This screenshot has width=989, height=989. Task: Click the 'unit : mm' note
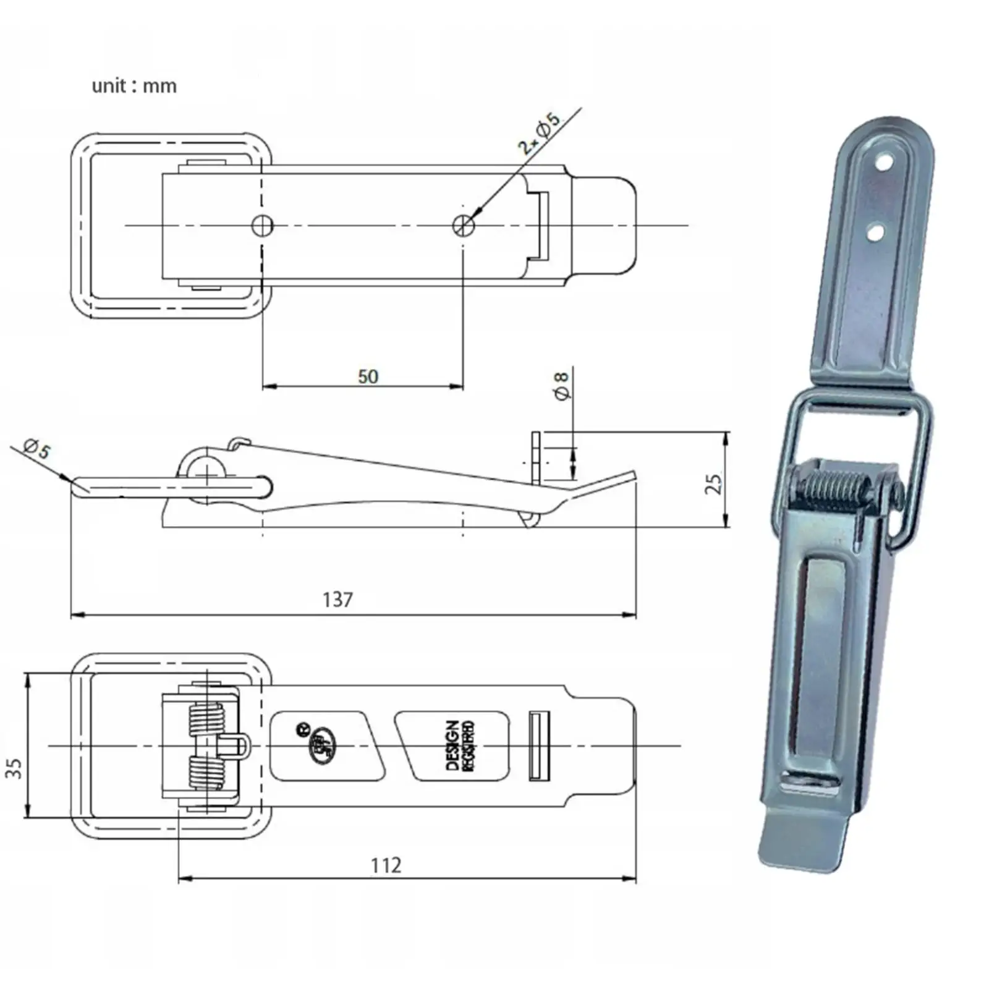(134, 85)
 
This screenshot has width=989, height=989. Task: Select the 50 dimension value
(368, 376)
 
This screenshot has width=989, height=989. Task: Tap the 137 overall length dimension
(337, 599)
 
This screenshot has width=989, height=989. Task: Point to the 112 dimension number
(386, 865)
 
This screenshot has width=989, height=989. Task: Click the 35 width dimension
(14, 768)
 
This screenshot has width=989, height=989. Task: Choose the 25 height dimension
(714, 483)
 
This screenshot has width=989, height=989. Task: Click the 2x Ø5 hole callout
(539, 133)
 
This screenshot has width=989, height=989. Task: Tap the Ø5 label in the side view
(37, 448)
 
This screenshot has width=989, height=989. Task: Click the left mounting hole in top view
(263, 226)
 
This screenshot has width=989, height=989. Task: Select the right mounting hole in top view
(464, 226)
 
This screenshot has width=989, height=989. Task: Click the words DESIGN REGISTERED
(460, 745)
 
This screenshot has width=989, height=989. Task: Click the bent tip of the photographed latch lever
(802, 842)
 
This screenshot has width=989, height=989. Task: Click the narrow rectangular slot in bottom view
(539, 745)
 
